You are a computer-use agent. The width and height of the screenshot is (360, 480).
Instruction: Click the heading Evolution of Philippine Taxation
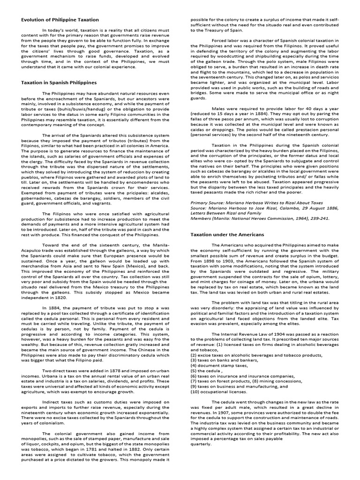coord(60,20)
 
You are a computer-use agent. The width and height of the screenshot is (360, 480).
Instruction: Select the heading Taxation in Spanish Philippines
coord(59,82)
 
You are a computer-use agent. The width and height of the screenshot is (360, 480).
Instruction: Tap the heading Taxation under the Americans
coord(227,234)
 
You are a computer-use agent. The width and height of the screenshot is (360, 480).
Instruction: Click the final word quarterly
coord(201,443)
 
